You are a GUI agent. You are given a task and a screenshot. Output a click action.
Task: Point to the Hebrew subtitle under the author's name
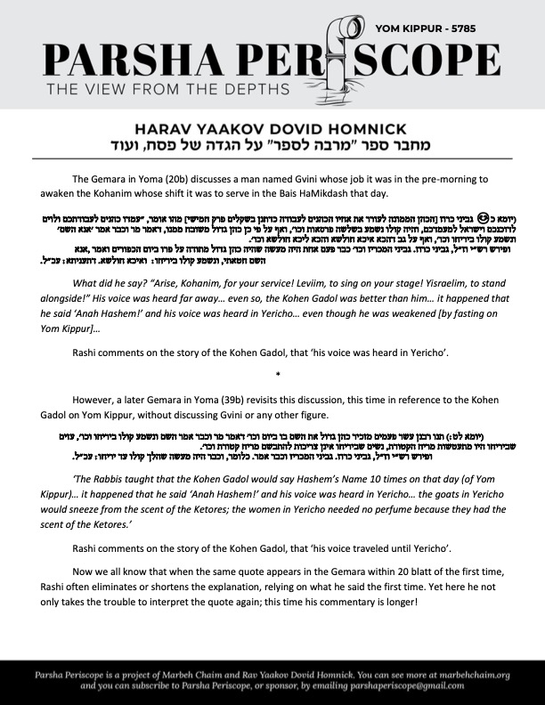coord(272,144)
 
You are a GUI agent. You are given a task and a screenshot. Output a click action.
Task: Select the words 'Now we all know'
coord(118,577)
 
